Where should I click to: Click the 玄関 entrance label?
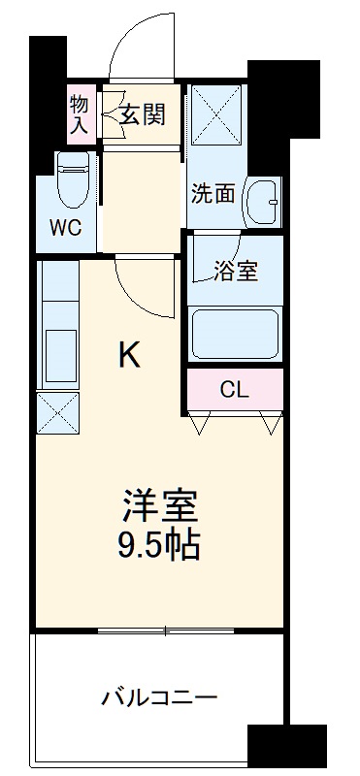click(x=143, y=114)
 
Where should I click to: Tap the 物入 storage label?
click(x=80, y=113)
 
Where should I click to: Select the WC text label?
click(x=67, y=229)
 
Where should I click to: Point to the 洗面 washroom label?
click(x=213, y=193)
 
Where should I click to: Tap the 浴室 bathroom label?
click(x=236, y=271)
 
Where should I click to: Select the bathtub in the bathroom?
click(x=236, y=334)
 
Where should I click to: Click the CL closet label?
click(x=234, y=390)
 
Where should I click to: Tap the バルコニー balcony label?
click(x=159, y=697)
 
